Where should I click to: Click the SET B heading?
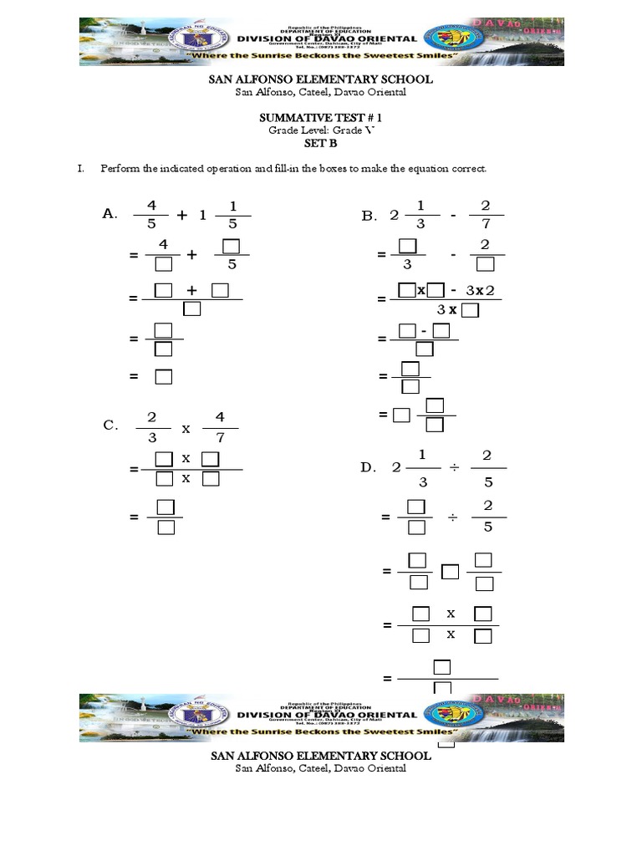[321, 144]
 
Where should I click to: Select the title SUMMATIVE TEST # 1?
[321, 120]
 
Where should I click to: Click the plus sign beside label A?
[181, 214]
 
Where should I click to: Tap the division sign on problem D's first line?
[453, 467]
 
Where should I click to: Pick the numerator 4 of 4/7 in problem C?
[220, 415]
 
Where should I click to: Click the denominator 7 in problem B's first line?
[487, 225]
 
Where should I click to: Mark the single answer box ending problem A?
[163, 377]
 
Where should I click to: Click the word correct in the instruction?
[469, 169]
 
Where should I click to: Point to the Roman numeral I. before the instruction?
[81, 169]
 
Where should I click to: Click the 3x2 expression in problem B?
[481, 290]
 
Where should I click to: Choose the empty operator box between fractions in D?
[450, 572]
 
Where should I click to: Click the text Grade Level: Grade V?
[321, 132]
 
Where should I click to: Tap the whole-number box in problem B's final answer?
[401, 415]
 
